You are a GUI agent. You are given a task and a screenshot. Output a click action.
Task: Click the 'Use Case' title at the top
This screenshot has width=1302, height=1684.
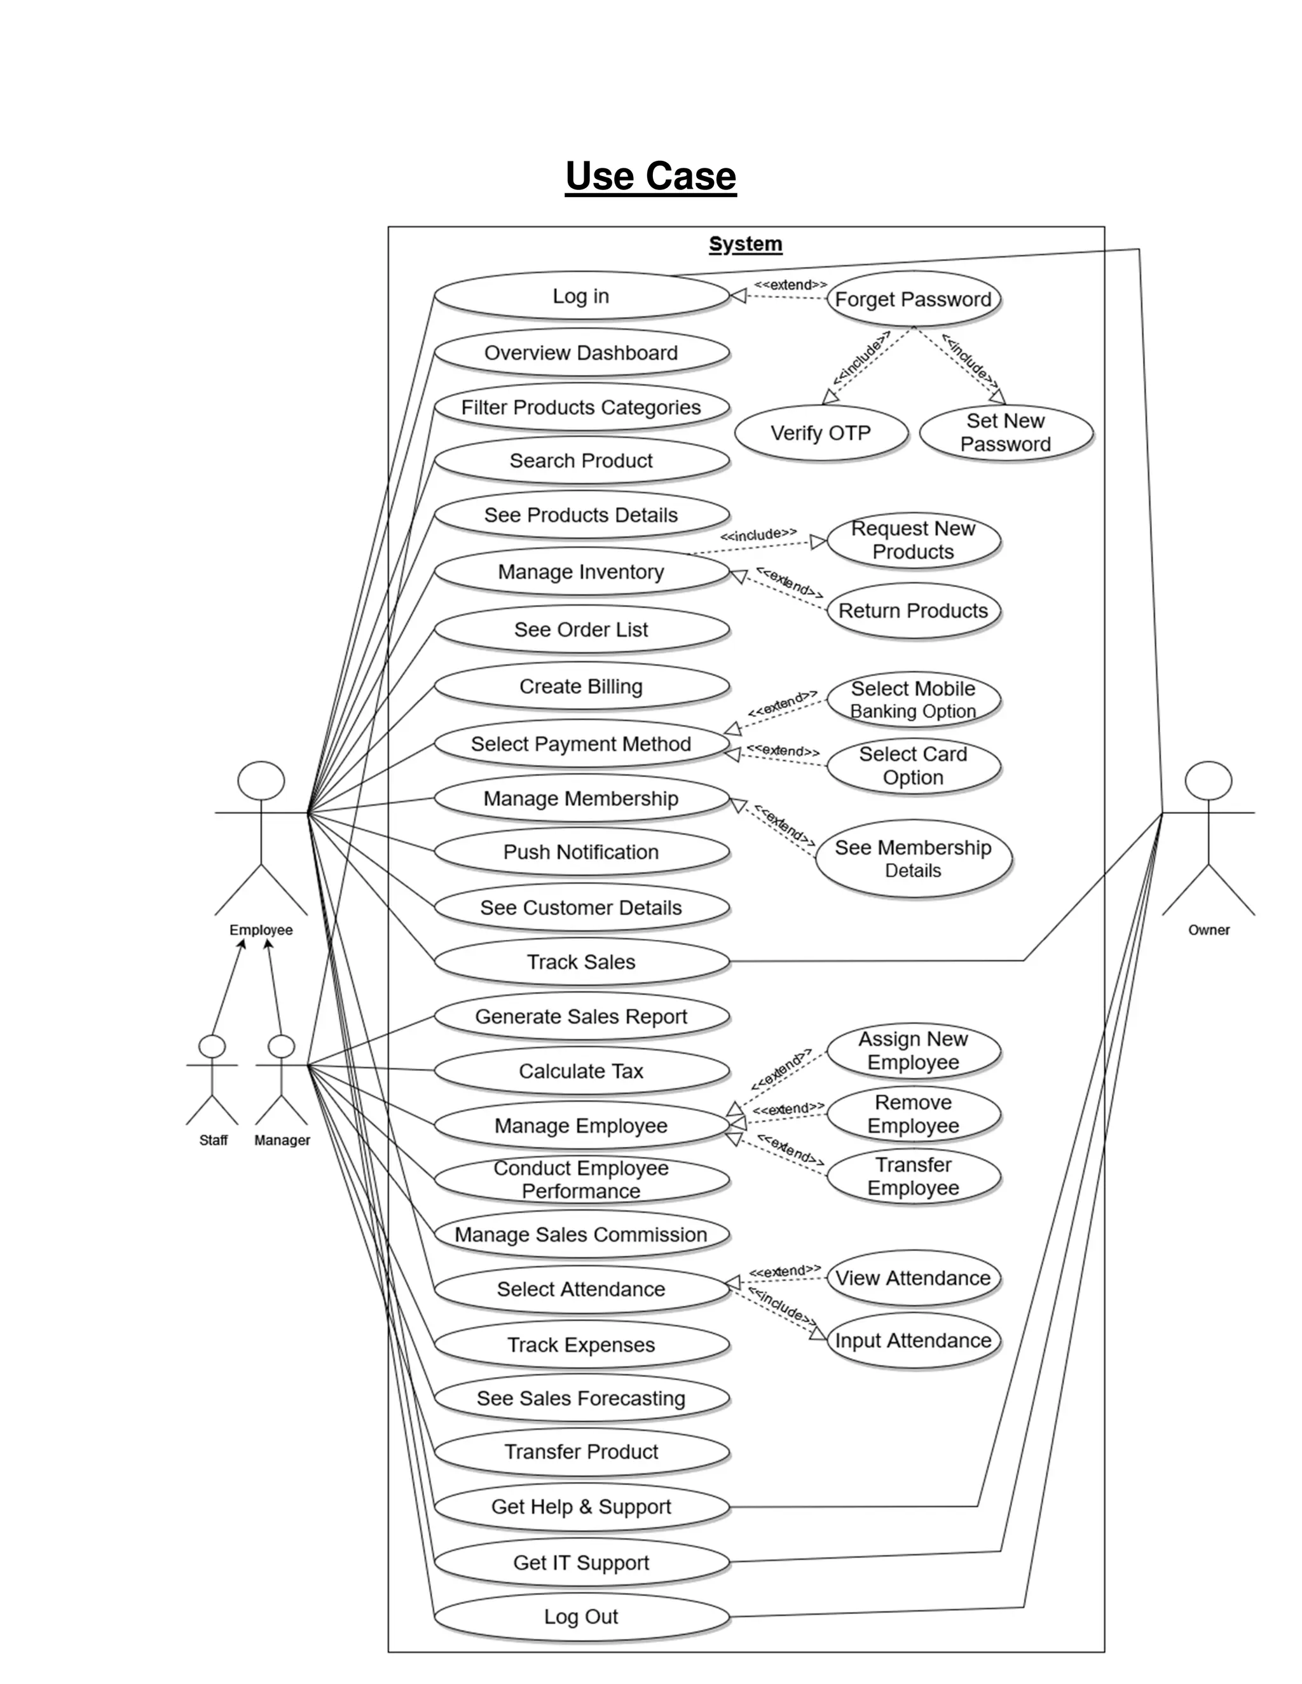click(650, 176)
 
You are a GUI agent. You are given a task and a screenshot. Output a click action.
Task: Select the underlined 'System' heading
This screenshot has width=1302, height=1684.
click(745, 243)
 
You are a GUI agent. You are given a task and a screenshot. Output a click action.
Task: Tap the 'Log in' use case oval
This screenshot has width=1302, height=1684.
click(581, 296)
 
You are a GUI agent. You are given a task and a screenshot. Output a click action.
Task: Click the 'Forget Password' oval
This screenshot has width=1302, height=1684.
click(914, 299)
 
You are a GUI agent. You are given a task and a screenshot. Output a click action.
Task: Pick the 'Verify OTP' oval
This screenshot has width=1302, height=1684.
click(821, 433)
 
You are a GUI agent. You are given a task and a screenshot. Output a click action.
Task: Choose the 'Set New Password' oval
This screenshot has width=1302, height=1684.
click(1005, 433)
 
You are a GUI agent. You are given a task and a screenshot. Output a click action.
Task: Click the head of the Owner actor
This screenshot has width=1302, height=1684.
click(1208, 780)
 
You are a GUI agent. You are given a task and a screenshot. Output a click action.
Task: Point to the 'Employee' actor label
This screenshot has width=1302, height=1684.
click(261, 930)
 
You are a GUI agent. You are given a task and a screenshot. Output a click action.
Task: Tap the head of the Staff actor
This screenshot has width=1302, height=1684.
click(212, 1047)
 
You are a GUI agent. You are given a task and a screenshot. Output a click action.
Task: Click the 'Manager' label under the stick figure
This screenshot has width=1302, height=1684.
click(282, 1141)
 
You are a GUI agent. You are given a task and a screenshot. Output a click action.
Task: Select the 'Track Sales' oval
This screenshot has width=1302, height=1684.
click(581, 961)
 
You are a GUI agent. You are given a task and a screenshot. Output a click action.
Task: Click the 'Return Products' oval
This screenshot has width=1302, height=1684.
click(914, 611)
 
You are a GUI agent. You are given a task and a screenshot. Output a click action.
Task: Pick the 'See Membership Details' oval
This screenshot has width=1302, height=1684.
click(914, 858)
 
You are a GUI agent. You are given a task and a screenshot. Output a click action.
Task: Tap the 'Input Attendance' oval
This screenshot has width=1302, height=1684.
click(914, 1340)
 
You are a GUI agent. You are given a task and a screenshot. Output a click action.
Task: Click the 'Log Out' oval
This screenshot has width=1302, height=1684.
click(581, 1616)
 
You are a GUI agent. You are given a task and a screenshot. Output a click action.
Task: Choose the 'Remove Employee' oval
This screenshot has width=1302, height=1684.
click(914, 1113)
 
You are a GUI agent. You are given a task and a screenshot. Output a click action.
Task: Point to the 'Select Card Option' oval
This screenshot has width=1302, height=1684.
click(914, 766)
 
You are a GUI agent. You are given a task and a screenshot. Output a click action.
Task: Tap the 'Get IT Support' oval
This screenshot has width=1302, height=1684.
click(581, 1562)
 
